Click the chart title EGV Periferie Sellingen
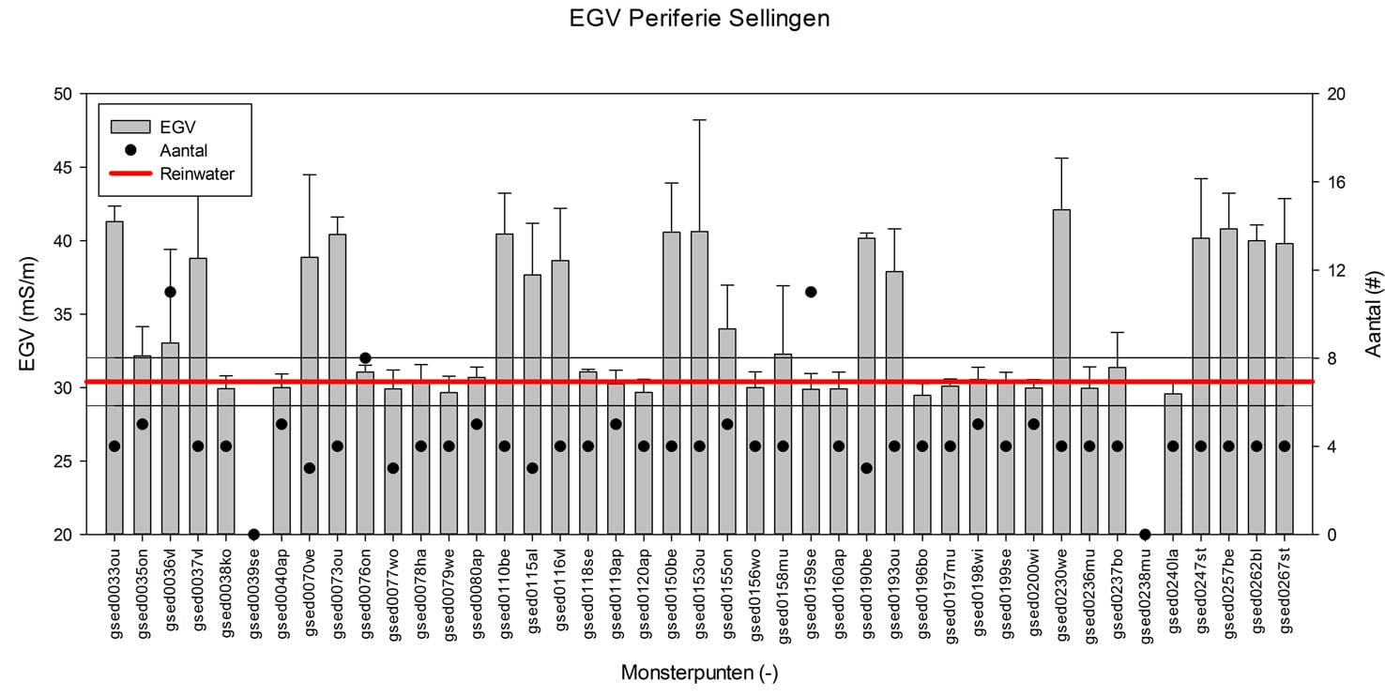[699, 19]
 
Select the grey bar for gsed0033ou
[114, 378]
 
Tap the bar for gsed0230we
[1061, 371]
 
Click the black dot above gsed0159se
[811, 292]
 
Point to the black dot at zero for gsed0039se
[253, 534]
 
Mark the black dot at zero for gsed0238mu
[1145, 534]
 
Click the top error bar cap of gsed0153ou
[699, 120]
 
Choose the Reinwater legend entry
[172, 174]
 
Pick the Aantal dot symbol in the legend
[130, 150]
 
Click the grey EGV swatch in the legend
[130, 127]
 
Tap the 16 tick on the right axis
[1336, 182]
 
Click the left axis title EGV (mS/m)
[26, 314]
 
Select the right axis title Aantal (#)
[1373, 314]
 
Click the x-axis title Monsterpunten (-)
[699, 673]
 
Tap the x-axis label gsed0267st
[1285, 591]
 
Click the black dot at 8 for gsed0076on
[365, 358]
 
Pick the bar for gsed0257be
[1228, 382]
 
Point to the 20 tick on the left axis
[63, 535]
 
